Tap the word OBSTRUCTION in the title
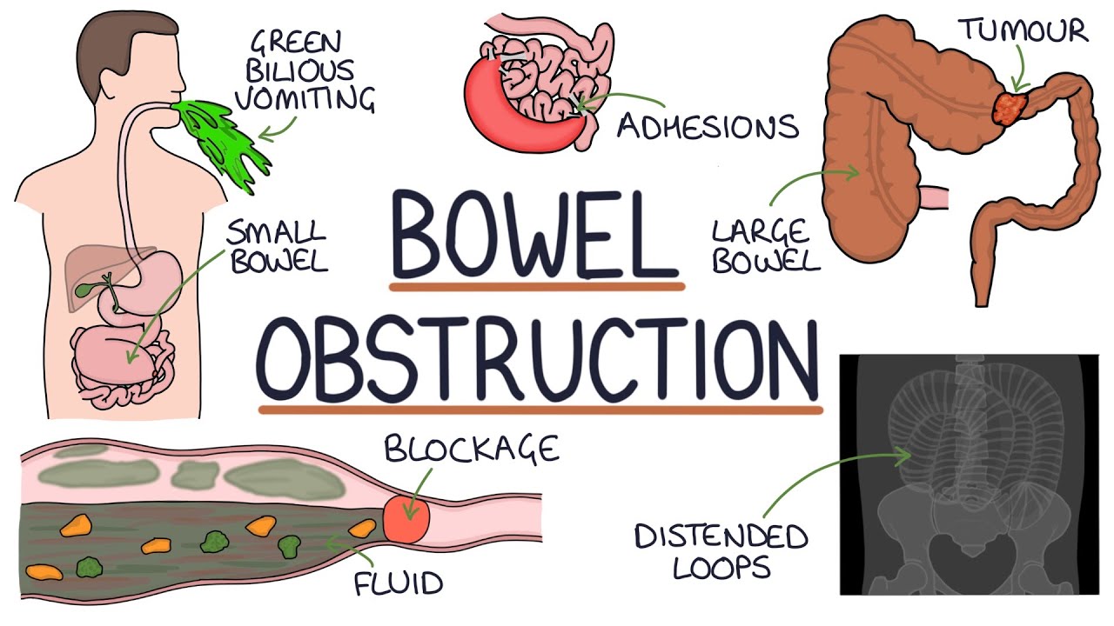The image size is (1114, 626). tap(540, 358)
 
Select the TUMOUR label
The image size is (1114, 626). tap(1023, 30)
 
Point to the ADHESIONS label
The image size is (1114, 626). tap(708, 127)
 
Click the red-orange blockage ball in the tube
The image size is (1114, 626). tap(406, 518)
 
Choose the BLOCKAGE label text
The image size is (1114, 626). tap(471, 450)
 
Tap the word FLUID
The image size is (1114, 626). tap(399, 583)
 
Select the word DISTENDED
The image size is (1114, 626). tap(721, 537)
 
